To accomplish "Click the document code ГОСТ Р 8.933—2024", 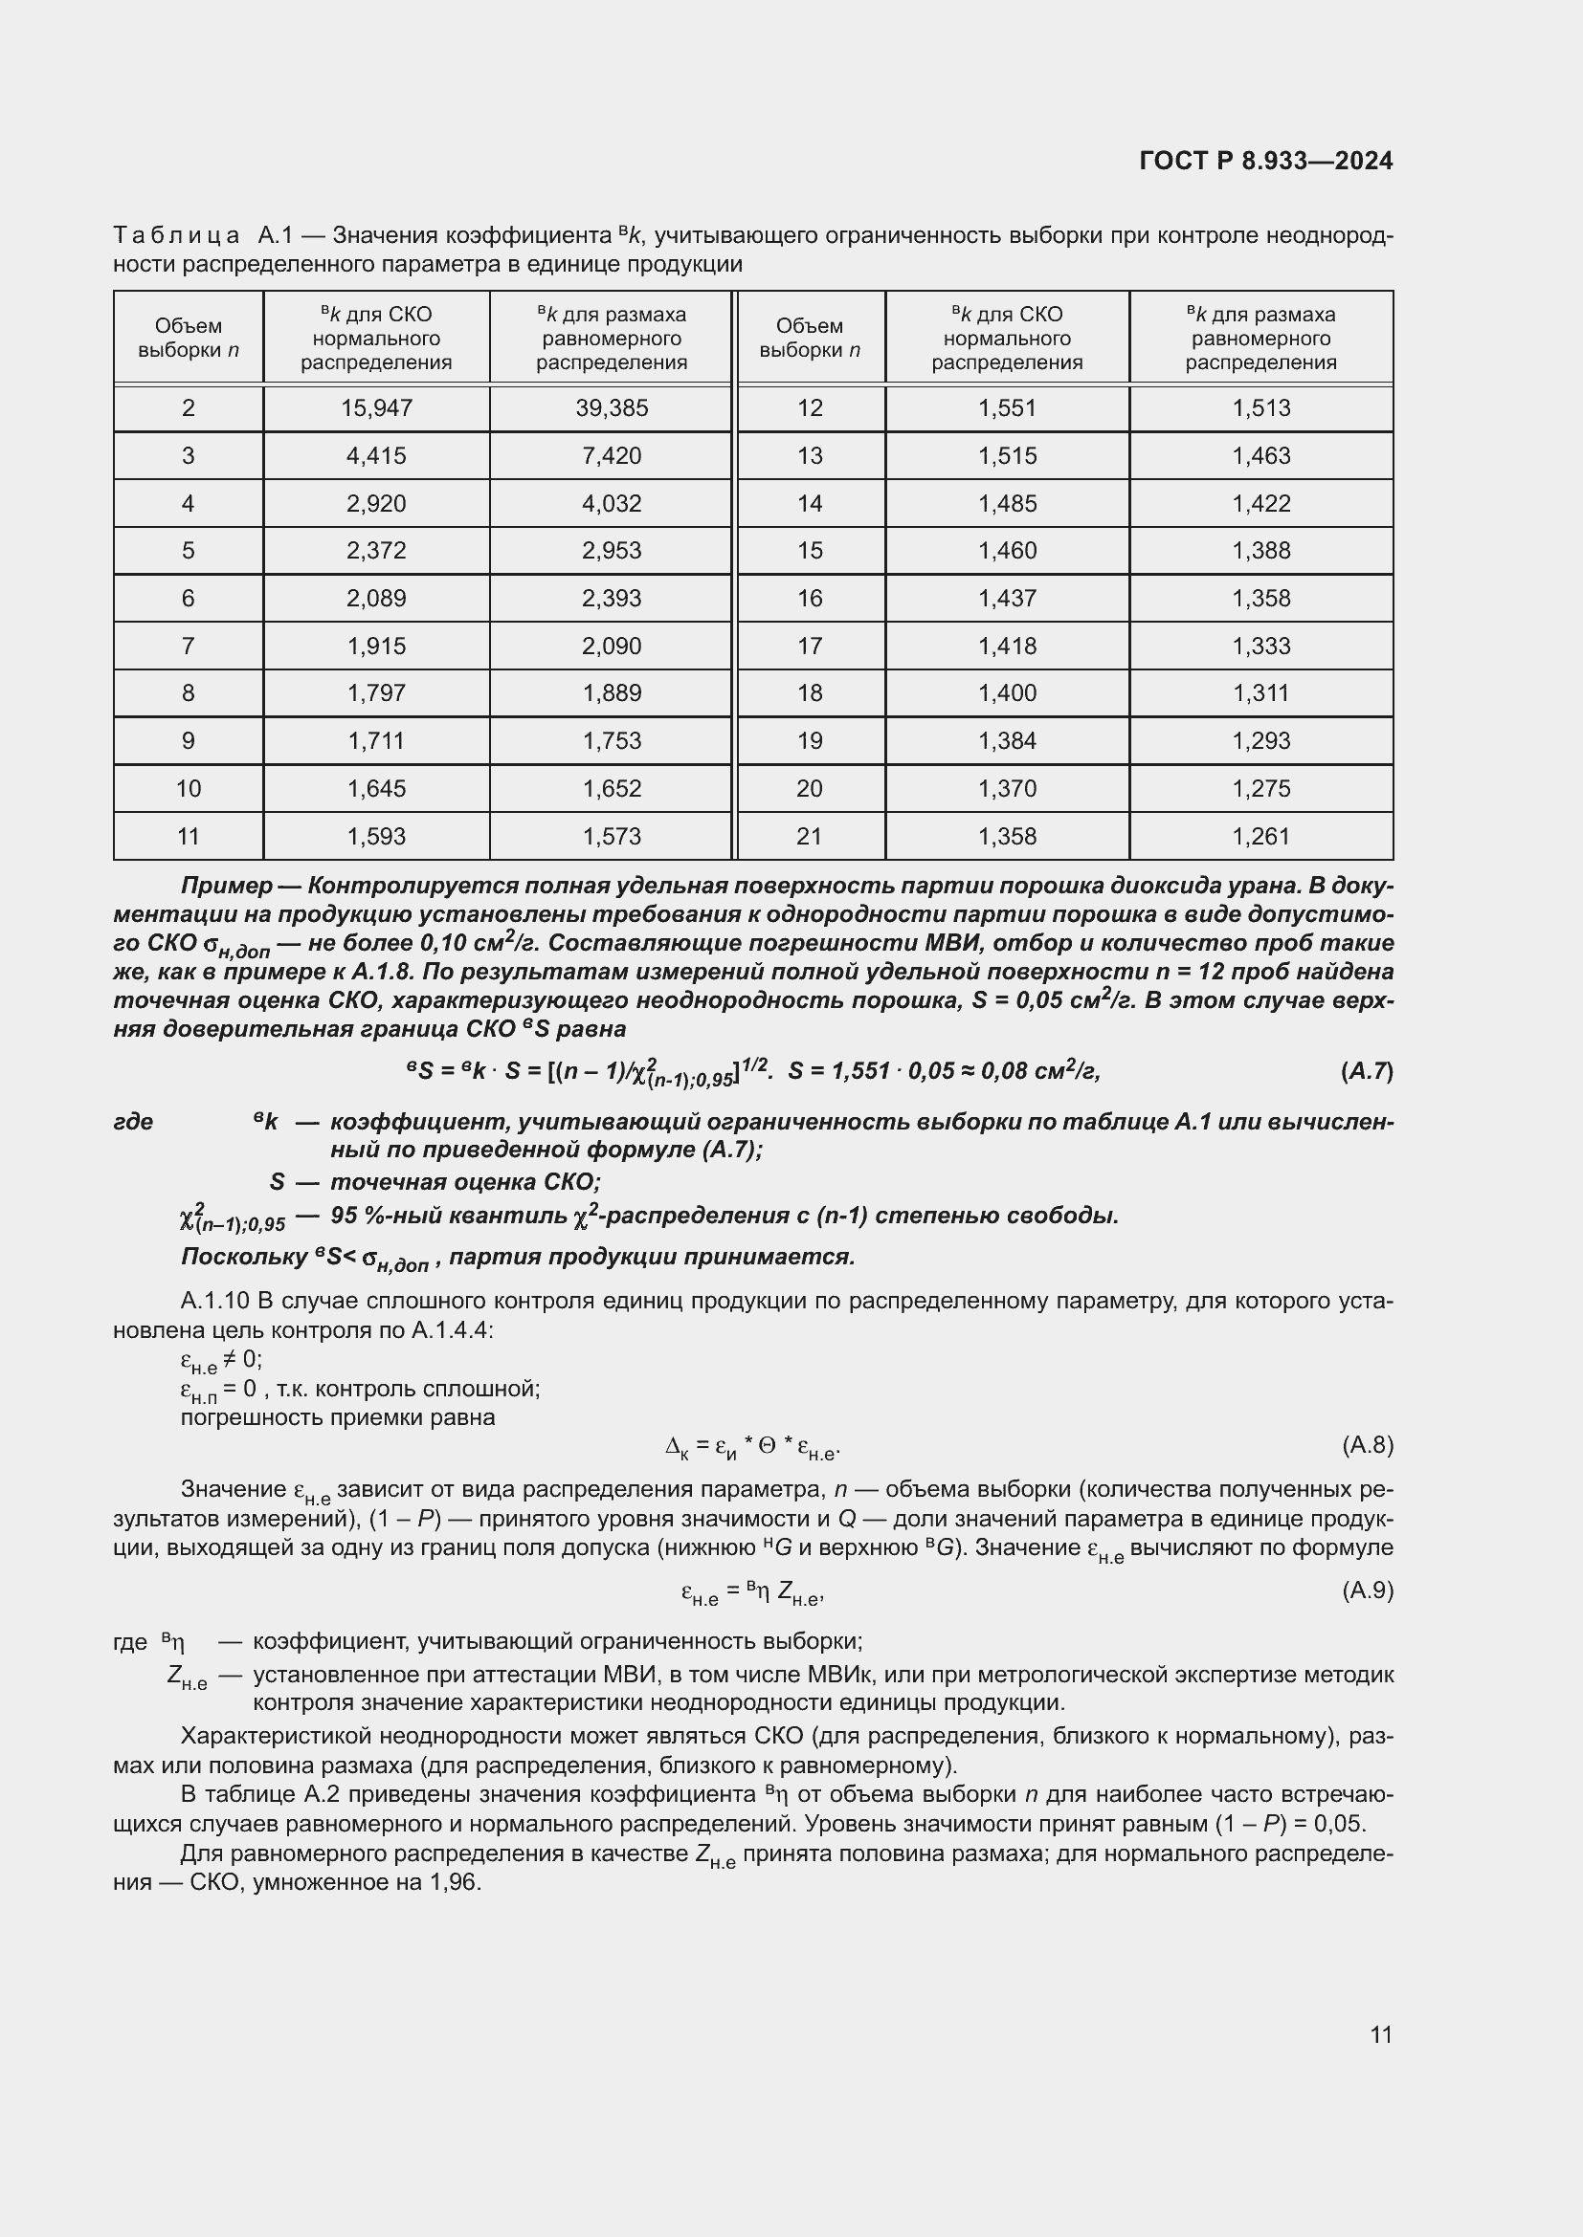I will [x=1265, y=161].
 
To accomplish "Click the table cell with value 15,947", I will [x=376, y=408].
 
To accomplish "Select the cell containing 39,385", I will [x=612, y=408].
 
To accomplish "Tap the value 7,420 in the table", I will [x=612, y=456].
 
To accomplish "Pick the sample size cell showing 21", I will [x=810, y=836].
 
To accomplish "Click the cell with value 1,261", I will [x=1260, y=836].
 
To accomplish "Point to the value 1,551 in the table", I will [x=1007, y=408].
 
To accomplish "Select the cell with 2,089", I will [x=376, y=598].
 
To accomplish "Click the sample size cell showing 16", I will [x=810, y=598].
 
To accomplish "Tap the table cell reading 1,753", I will [x=612, y=740].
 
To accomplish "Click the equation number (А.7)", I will [x=1367, y=1072].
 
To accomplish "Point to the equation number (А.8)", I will [x=1367, y=1445].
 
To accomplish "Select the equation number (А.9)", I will [x=1367, y=1591].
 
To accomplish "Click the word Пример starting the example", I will [x=226, y=886].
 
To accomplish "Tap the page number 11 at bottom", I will [x=1380, y=2034].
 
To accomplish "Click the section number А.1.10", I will [x=212, y=1302].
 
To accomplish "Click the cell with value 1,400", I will [x=1007, y=692].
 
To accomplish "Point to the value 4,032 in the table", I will [x=612, y=504].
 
